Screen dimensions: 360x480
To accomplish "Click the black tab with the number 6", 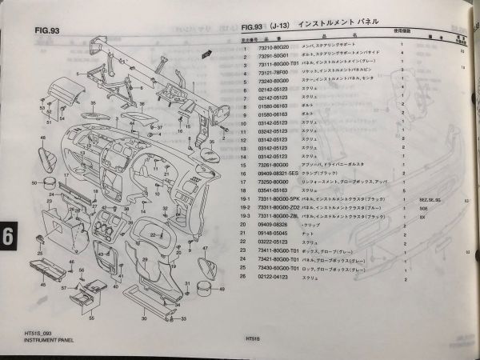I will (x=7, y=237).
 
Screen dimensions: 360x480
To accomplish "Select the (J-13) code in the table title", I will (x=279, y=25).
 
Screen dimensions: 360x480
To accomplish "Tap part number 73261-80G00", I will (x=271, y=166).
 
